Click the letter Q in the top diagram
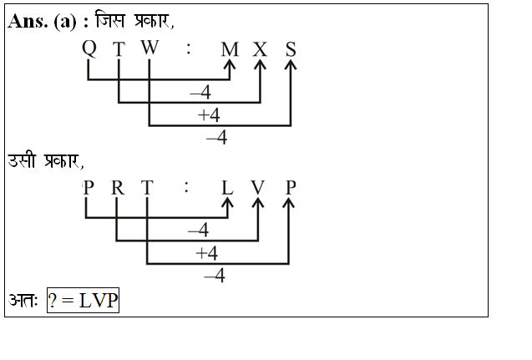click(89, 48)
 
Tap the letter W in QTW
click(149, 48)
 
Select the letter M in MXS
click(230, 49)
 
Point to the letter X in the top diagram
click(261, 49)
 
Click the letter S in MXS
click(291, 49)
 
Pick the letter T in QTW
click(119, 49)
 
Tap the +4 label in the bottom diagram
click(206, 253)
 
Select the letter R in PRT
click(117, 187)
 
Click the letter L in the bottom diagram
click(227, 188)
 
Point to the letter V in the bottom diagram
click(257, 188)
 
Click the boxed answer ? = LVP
click(83, 301)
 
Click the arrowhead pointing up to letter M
click(230, 66)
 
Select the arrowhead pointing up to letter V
click(257, 205)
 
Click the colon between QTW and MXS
click(189, 49)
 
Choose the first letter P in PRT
click(88, 187)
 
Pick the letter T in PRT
click(147, 187)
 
